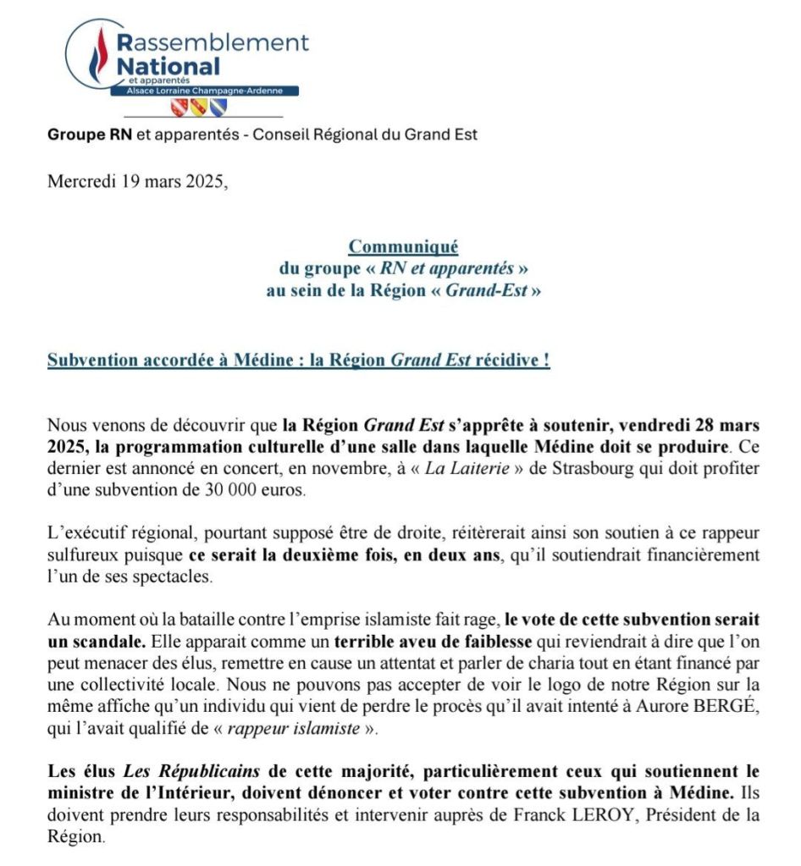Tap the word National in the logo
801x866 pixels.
[x=168, y=65]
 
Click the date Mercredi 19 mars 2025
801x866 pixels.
[x=138, y=181]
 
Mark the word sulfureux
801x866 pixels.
[x=83, y=556]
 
